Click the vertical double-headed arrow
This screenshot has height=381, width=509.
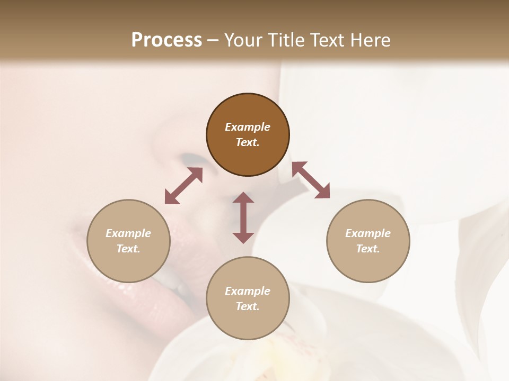243,217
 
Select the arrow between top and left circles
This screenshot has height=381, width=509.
183,186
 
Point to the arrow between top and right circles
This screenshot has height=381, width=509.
311,180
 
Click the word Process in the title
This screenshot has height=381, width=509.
166,40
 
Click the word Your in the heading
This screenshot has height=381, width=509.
241,40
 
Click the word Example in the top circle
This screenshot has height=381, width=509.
248,127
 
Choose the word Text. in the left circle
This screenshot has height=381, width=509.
128,249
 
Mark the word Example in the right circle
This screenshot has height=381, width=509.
368,233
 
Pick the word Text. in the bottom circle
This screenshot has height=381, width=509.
248,306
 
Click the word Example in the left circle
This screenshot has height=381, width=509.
128,233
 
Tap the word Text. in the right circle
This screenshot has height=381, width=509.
368,249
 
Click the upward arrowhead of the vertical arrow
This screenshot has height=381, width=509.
243,198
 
